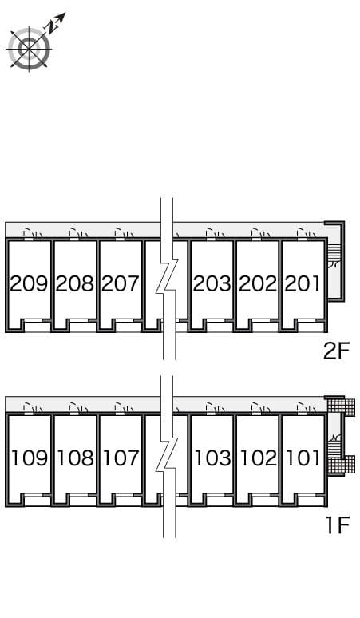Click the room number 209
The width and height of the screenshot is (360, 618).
click(x=29, y=283)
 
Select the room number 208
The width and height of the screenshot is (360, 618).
click(x=75, y=283)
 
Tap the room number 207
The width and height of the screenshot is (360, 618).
click(x=121, y=283)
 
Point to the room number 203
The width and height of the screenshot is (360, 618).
click(x=212, y=283)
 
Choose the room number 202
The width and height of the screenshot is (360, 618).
click(x=257, y=283)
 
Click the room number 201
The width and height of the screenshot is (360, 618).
click(x=303, y=283)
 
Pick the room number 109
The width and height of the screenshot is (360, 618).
click(x=29, y=458)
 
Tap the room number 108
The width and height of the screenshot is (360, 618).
click(x=75, y=458)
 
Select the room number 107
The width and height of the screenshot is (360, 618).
click(x=121, y=458)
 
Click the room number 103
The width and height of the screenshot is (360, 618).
click(x=212, y=458)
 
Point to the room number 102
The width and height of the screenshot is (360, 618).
click(x=257, y=458)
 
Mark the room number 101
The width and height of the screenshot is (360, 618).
click(x=303, y=458)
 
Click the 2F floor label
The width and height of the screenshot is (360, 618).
click(x=336, y=351)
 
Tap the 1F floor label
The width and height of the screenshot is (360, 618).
click(x=336, y=525)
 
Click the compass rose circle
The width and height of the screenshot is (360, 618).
click(x=29, y=49)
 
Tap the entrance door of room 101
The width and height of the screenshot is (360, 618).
click(x=303, y=409)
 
